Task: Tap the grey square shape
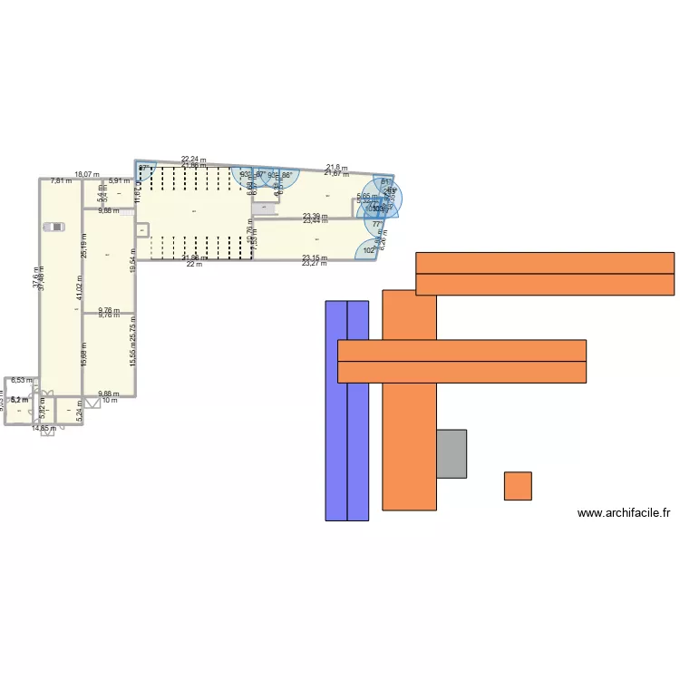452,453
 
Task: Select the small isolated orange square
518,486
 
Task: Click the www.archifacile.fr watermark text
624,513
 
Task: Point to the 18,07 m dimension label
86,174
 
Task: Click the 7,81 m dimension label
61,181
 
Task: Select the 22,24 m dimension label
193,160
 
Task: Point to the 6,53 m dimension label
22,382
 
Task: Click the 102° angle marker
368,250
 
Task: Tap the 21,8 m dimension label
336,168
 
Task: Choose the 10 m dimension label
110,400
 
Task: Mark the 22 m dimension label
193,264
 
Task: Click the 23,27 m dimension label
315,263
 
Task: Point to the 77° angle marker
376,224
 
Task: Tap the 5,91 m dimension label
119,181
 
